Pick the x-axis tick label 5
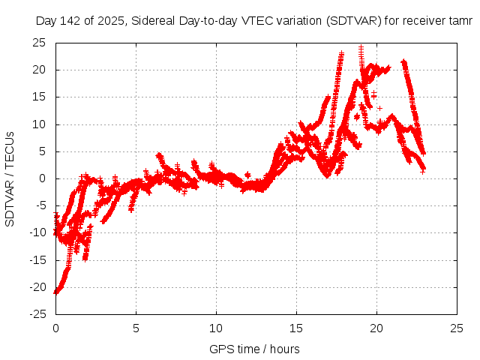coord(136,328)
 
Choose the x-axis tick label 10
coord(216,328)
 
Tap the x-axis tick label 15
coord(296,328)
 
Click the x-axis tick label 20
coord(376,328)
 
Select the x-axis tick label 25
coord(457,328)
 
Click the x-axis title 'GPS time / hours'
coord(254,349)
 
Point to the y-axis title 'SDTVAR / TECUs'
coord(10,178)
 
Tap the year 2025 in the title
coord(111,21)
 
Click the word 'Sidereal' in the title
coord(153,21)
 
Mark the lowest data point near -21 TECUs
coord(55,292)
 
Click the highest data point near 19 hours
coord(361,47)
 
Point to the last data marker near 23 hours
coord(423,172)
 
